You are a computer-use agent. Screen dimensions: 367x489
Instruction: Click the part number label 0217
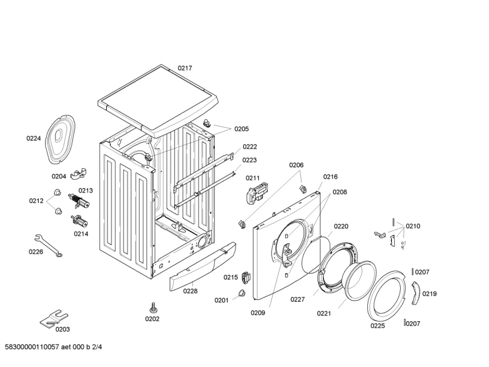pos(185,68)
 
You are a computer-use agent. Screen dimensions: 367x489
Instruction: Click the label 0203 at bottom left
pos(62,329)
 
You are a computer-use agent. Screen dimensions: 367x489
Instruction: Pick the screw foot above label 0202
pos(154,306)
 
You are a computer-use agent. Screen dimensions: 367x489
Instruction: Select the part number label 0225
pos(377,325)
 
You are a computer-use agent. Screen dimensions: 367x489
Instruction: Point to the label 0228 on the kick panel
pos(191,291)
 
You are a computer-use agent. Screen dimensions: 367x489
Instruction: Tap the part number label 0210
pos(413,226)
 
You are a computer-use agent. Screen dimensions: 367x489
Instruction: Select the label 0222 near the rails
pos(249,147)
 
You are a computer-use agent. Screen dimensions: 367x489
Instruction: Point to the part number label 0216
pos(330,177)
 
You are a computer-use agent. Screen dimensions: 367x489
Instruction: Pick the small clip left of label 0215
pos(247,277)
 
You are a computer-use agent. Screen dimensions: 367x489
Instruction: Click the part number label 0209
pos(257,313)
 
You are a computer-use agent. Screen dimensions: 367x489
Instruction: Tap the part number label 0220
pos(341,227)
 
